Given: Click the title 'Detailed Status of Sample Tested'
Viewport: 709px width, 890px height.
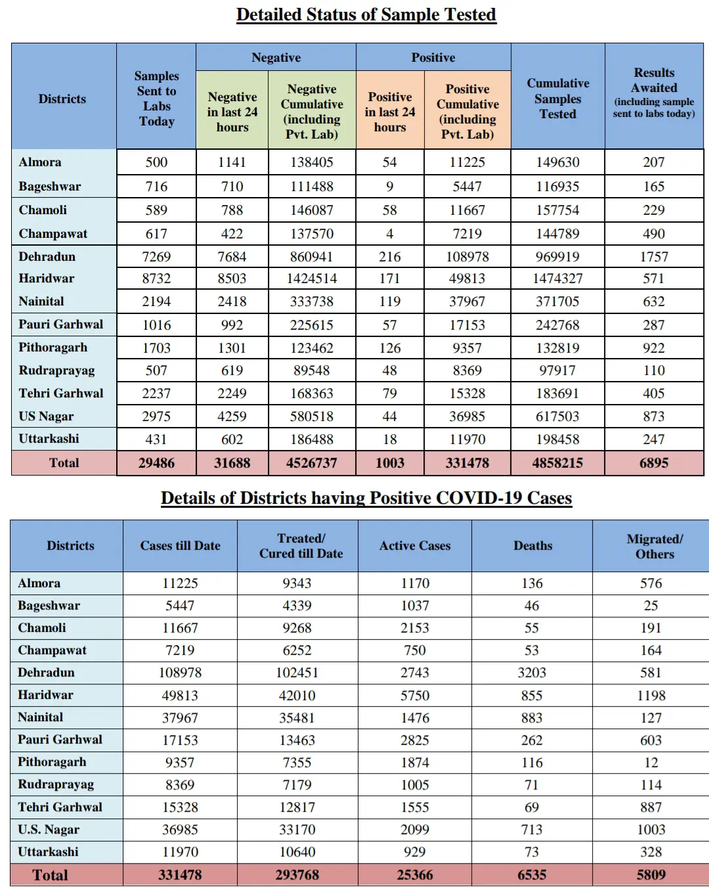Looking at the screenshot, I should click(366, 14).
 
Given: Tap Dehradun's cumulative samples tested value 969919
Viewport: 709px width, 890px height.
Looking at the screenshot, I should click(557, 257).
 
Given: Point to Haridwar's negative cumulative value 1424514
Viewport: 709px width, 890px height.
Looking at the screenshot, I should click(312, 278).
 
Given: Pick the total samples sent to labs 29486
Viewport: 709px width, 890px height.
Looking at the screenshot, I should click(156, 463).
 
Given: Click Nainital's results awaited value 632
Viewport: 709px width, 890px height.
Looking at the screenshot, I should click(654, 301).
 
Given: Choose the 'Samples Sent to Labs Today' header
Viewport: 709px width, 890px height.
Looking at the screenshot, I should click(156, 99).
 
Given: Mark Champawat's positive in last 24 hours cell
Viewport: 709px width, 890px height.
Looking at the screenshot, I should click(390, 234).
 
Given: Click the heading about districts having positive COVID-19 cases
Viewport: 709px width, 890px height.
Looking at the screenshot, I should click(366, 498).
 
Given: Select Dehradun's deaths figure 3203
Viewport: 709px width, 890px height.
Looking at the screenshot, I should click(532, 673).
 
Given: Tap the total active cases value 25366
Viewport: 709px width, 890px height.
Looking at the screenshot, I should click(415, 875).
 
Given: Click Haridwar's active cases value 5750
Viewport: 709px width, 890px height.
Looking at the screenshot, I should click(415, 695).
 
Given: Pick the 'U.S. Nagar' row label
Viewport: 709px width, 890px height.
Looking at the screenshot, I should click(49, 830).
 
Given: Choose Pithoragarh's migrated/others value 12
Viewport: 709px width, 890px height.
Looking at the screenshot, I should click(651, 763).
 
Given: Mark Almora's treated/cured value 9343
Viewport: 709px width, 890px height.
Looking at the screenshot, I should click(297, 583).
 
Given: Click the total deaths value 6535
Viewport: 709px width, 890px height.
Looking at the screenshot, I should click(532, 875).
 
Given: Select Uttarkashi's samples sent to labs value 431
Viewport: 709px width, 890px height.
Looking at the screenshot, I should click(156, 439).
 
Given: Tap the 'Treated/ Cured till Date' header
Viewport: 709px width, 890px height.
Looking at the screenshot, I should click(301, 546).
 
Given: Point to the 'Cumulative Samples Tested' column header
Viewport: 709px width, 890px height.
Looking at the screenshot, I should click(557, 99).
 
